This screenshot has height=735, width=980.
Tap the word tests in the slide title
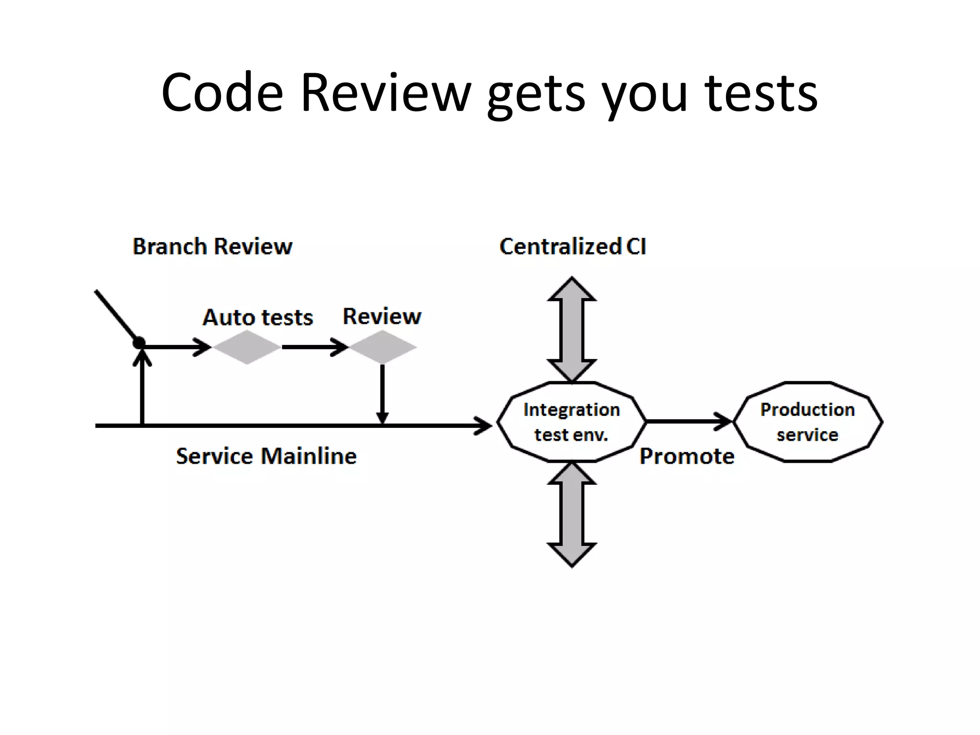(761, 93)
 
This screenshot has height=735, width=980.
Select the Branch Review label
(212, 246)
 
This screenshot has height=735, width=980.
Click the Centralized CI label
(572, 246)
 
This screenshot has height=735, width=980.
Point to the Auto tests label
(257, 317)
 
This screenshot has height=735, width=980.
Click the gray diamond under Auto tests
(246, 347)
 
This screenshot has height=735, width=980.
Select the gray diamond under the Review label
(382, 347)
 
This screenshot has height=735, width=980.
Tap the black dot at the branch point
(139, 343)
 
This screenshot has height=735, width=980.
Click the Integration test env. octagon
(571, 422)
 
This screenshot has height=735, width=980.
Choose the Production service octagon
(807, 422)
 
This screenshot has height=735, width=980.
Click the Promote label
(687, 456)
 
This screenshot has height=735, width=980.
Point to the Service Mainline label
(266, 456)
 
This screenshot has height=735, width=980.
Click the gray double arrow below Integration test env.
(572, 514)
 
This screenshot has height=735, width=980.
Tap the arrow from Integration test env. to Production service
(689, 422)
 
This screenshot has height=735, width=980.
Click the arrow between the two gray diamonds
(313, 347)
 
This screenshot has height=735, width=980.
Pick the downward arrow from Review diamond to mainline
(382, 392)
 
